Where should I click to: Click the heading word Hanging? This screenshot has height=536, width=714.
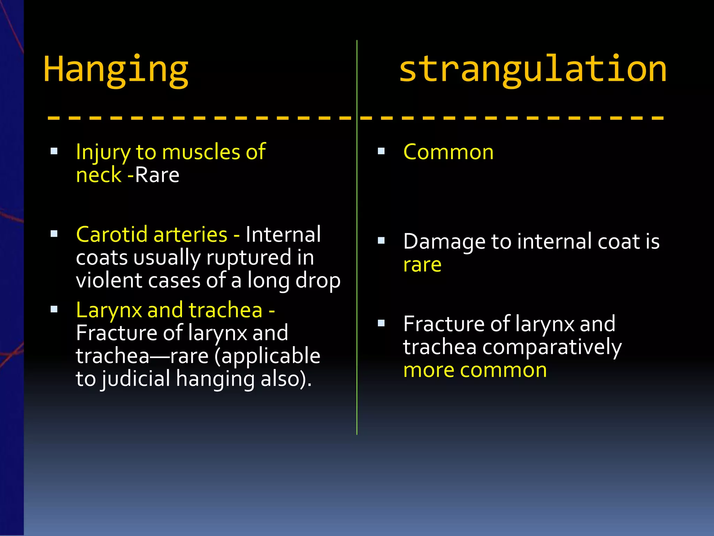116,70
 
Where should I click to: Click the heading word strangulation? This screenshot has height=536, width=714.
533,69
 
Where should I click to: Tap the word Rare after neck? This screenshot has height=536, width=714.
157,175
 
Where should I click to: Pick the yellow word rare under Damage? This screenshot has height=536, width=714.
422,265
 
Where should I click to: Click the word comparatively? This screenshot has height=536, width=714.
552,347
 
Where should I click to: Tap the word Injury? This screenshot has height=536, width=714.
103,152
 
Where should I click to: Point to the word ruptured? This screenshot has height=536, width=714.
249,258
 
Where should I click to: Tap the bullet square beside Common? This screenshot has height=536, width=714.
381,151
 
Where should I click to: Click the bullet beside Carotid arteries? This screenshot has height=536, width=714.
54,234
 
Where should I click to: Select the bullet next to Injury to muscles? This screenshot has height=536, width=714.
54,151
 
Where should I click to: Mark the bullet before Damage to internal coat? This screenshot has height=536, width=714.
381,240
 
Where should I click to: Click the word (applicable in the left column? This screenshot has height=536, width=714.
267,356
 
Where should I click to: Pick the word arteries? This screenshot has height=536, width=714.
190,234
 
